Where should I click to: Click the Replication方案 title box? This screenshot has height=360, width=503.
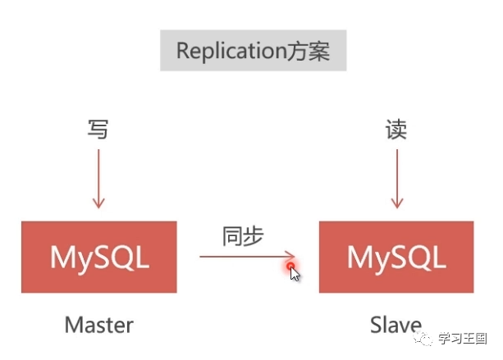(x=253, y=51)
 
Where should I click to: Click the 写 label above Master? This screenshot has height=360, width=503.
(x=98, y=130)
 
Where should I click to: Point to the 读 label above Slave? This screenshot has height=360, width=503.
(x=396, y=130)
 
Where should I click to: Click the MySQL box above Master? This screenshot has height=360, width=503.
(x=99, y=257)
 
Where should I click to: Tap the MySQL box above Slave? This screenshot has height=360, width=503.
(x=396, y=257)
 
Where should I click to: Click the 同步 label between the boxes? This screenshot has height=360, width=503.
(x=243, y=236)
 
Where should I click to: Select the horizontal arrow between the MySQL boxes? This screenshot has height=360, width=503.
(x=246, y=257)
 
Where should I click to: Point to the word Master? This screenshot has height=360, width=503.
(x=98, y=325)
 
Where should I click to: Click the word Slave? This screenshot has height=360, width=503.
(x=396, y=325)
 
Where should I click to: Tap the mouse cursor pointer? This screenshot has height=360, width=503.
(x=295, y=274)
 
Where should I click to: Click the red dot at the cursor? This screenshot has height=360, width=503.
(x=290, y=266)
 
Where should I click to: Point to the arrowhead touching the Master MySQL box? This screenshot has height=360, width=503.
(x=98, y=203)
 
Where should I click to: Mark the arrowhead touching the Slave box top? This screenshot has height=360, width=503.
(x=396, y=203)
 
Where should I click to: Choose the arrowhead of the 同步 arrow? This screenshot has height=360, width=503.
(x=289, y=257)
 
